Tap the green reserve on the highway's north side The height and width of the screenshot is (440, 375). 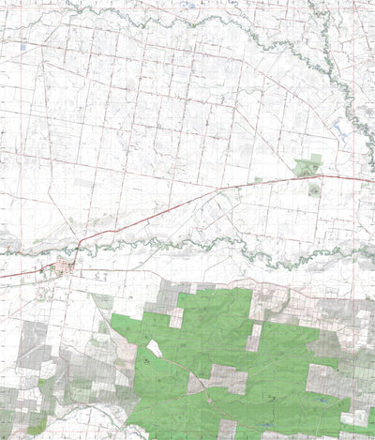306,169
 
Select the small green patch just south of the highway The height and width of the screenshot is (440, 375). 313,189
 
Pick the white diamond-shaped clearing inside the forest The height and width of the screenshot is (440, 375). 155,348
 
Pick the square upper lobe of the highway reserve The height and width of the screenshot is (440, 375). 316,159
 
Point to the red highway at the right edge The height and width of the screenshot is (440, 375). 366,179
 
